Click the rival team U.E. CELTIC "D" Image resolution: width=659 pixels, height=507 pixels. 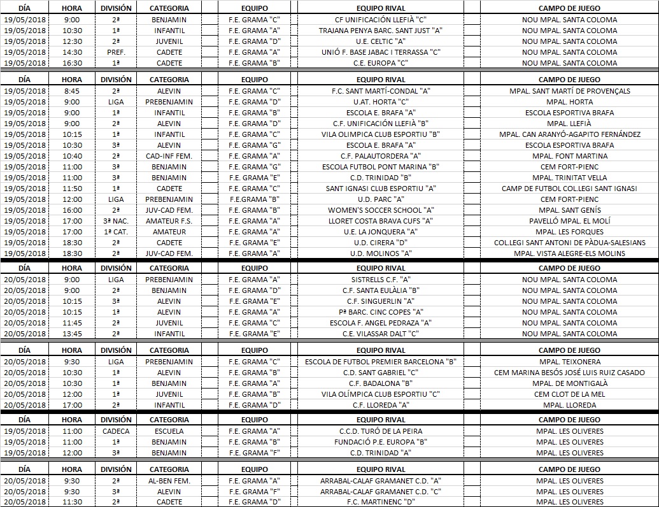coord(381,41)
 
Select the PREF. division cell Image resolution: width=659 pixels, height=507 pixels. coord(116,52)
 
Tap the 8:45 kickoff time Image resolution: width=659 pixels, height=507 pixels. coord(72,91)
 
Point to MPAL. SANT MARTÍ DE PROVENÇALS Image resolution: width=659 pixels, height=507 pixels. coord(569,91)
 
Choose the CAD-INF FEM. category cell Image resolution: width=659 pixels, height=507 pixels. coord(169,156)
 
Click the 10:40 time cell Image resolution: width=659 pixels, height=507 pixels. coord(72,156)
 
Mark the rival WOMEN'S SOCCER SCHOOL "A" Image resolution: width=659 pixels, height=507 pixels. coord(381,210)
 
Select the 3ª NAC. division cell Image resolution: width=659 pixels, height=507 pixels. coord(116,221)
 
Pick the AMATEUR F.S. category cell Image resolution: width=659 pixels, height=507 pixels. coord(169,221)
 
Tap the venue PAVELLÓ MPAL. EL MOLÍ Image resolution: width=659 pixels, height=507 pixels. coord(569,221)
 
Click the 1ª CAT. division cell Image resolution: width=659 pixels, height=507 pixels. coord(116,232)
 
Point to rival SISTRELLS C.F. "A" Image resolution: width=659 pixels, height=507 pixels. coord(381,280)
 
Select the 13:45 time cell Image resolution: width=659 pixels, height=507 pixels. coord(72,334)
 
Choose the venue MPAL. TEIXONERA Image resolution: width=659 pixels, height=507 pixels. coord(569,362)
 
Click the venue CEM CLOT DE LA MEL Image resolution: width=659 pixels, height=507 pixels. coord(569,394)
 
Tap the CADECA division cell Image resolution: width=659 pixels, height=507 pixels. coord(116,431)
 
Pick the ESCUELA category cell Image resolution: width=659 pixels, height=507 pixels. coord(169,431)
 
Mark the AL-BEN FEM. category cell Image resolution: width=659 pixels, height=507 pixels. coord(169,481)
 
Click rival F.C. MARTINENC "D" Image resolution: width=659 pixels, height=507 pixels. coord(381,503)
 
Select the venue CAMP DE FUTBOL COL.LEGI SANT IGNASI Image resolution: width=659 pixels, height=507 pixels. coord(569,189)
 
